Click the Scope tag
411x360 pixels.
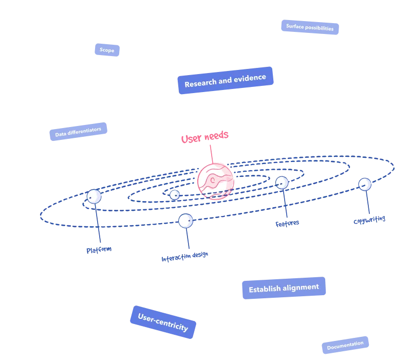[x=107, y=50]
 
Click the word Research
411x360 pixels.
[x=201, y=83]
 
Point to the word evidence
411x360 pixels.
[x=250, y=78]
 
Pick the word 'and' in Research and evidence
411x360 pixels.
[x=225, y=81]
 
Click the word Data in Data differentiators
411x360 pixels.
[x=61, y=134]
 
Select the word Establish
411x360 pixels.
[x=265, y=290]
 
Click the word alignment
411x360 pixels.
[x=301, y=287]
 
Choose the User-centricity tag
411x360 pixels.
[x=163, y=322]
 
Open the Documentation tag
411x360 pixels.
[x=345, y=345]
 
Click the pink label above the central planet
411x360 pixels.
[x=206, y=137]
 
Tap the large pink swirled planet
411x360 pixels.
[x=215, y=181]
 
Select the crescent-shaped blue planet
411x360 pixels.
[x=365, y=184]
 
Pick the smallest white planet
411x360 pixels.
[x=174, y=194]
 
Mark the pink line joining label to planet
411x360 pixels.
[x=211, y=153]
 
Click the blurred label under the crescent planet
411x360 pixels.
[x=369, y=220]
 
